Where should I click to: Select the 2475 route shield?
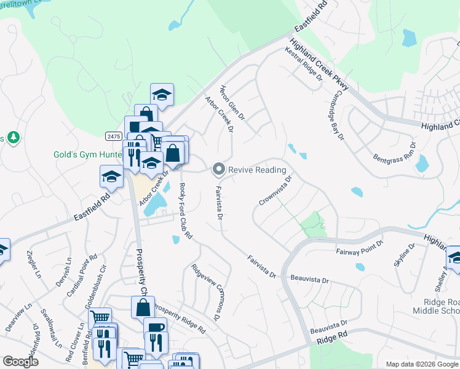tap(113, 136)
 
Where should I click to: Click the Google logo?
tap(20, 361)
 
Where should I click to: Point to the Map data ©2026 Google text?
tap(422, 364)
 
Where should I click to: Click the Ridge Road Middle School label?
tap(432, 306)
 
